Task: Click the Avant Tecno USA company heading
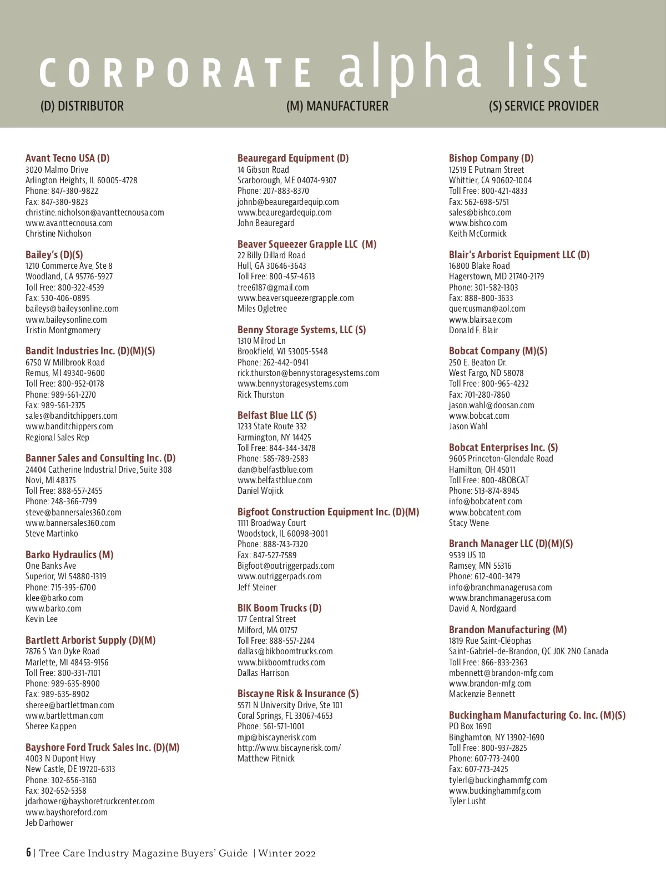pos(67,158)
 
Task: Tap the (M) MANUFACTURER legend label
pos(337,106)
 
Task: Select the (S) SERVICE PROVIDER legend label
pos(543,106)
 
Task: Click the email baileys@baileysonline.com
pos(72,309)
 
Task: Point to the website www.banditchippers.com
pos(69,427)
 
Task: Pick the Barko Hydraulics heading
pos(69,555)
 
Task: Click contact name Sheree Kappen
pos(51,726)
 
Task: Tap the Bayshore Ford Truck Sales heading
pos(102,748)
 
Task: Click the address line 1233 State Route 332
pos(272,427)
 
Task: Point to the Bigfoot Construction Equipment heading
pos(328,512)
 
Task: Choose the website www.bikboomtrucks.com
pos(281,663)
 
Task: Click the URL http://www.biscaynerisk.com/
pos(289,748)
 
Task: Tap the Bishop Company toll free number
pos(488,191)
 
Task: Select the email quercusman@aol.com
pos(487,309)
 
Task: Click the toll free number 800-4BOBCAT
pos(488,480)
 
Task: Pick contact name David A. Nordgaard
pos(482,609)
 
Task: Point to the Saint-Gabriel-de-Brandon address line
pos(528,652)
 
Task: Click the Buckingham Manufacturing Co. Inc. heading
pos(537,715)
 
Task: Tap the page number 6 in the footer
pos(28,853)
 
